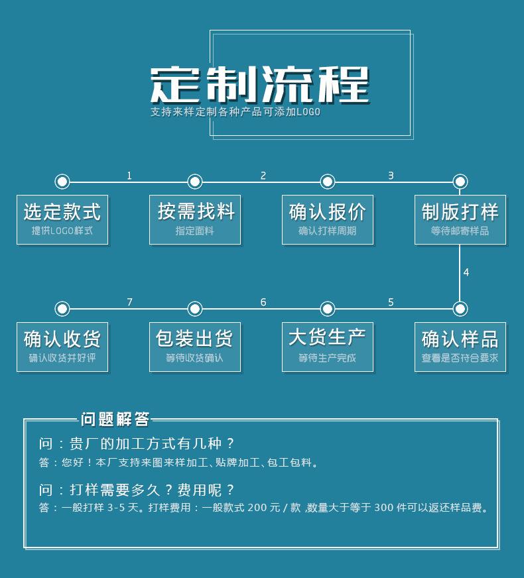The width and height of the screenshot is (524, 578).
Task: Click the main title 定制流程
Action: click(260, 85)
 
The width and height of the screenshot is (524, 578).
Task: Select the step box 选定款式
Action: click(62, 219)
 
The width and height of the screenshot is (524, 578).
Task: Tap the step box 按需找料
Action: click(195, 219)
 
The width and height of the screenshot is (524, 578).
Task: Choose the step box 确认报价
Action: click(328, 219)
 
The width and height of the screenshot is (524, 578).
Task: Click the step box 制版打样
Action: click(460, 219)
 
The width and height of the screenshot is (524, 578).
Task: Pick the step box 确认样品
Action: click(460, 347)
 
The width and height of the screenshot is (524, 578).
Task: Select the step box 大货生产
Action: click(328, 347)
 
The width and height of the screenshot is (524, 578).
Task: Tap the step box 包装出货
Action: click(195, 347)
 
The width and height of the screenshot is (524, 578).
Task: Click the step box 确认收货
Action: click(62, 347)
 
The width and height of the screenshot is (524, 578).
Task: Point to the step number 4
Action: click(466, 272)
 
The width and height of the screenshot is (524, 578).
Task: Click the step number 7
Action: click(129, 302)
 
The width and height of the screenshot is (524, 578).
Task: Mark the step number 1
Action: click(129, 176)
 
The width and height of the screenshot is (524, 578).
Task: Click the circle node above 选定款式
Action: click(62, 182)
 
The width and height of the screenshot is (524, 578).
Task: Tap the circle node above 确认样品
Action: click(460, 309)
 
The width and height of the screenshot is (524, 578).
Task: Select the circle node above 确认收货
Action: click(62, 309)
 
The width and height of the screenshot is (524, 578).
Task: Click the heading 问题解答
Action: click(115, 420)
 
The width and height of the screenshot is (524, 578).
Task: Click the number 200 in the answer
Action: click(257, 508)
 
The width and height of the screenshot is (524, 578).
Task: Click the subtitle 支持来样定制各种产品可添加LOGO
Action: click(235, 112)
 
